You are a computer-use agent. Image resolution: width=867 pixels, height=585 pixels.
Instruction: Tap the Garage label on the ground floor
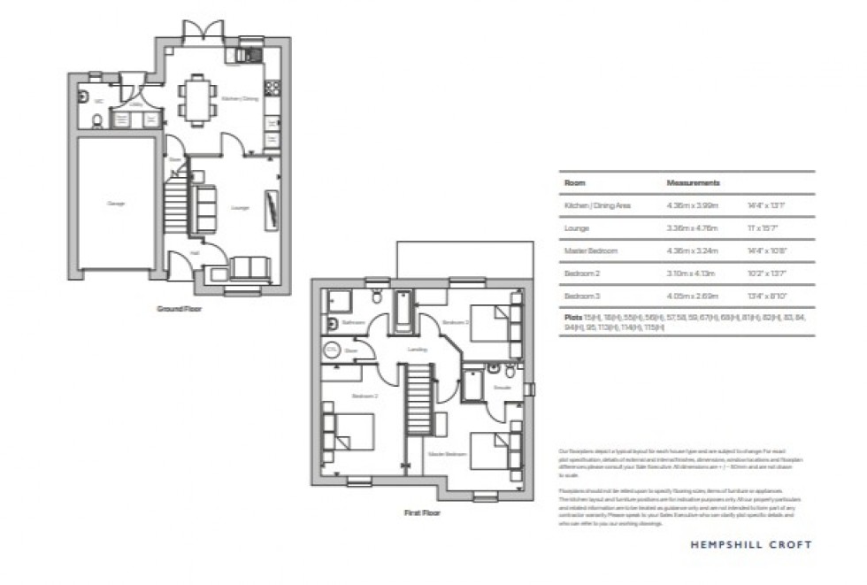pos(116,204)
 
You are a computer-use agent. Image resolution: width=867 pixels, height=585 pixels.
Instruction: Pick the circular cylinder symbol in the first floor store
pos(332,350)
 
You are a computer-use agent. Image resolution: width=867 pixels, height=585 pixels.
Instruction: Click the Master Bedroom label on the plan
pos(448,454)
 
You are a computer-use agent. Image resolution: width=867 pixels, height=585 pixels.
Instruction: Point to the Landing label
pos(418,350)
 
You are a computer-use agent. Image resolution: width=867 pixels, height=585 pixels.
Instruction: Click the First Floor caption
pos(422,512)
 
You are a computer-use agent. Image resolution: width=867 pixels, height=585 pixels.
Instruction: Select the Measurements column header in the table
pos(693,183)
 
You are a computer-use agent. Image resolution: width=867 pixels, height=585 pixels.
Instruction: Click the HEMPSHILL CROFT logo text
pos(750,545)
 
